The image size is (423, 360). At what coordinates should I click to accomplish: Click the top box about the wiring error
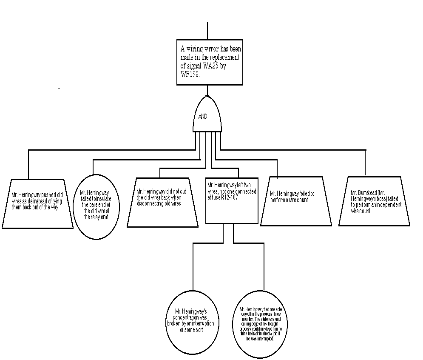click(x=210, y=62)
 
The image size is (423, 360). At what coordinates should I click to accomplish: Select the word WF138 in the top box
click(x=187, y=73)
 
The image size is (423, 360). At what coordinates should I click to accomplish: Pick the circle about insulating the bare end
click(x=97, y=207)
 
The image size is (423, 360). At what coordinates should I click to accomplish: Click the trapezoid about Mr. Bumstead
click(x=374, y=201)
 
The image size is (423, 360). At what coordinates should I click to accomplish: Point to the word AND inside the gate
click(x=203, y=116)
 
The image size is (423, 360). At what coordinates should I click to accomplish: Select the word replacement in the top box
click(x=226, y=57)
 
